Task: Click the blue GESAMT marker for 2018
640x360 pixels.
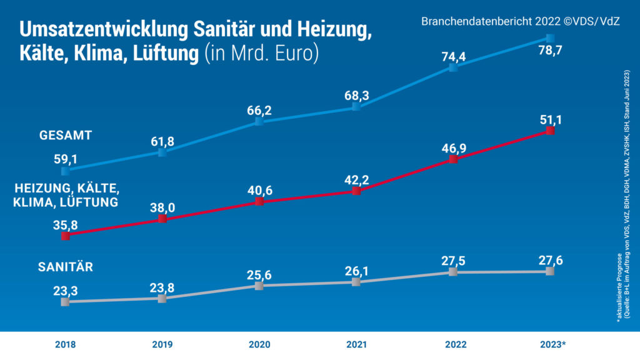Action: pyautogui.click(x=65, y=171)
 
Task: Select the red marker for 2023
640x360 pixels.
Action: pyautogui.click(x=550, y=131)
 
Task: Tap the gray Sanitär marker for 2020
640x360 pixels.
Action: pyautogui.click(x=259, y=286)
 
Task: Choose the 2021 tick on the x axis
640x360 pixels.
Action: pyautogui.click(x=356, y=344)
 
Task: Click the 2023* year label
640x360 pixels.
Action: pyautogui.click(x=552, y=344)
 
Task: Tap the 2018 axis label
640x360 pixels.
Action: pyautogui.click(x=65, y=344)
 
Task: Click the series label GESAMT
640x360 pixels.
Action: pyautogui.click(x=66, y=134)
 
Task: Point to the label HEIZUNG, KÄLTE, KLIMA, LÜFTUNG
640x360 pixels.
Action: pyautogui.click(x=67, y=196)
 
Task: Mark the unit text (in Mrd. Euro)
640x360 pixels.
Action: pyautogui.click(x=262, y=53)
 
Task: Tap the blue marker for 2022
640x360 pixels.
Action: pyautogui.click(x=454, y=67)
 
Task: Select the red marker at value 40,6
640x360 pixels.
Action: pyautogui.click(x=259, y=202)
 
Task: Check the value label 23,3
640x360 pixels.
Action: pyautogui.click(x=65, y=289)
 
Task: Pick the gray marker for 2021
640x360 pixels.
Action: pyautogui.click(x=356, y=282)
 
